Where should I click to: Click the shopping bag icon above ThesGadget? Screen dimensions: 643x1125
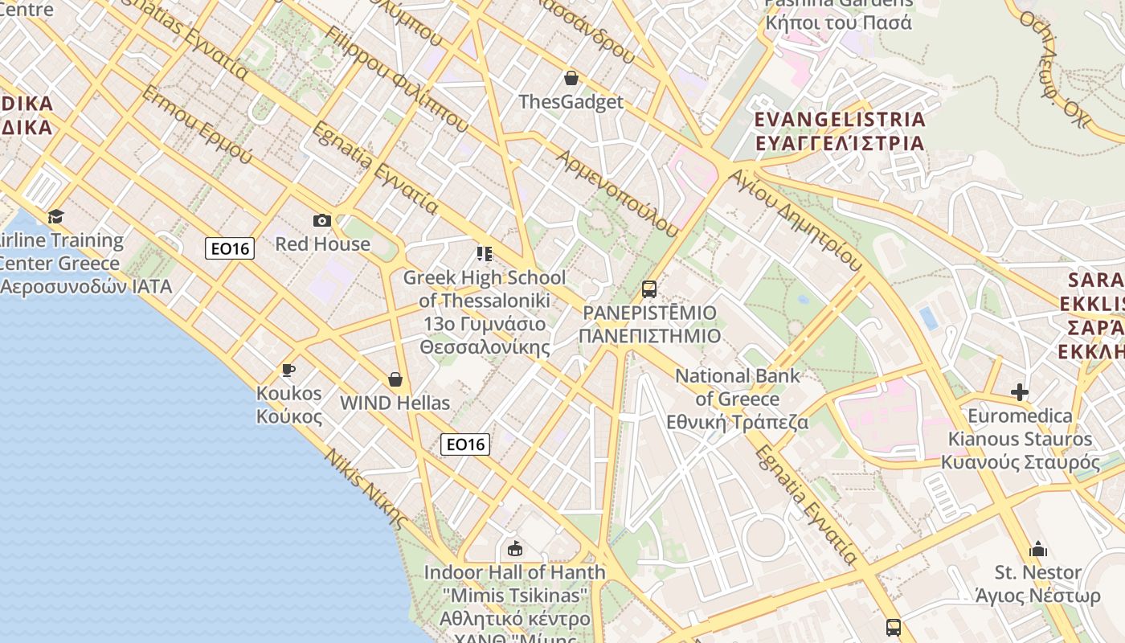(x=571, y=78)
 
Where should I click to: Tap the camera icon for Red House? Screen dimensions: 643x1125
(x=321, y=220)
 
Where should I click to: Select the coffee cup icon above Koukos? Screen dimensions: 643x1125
(x=288, y=370)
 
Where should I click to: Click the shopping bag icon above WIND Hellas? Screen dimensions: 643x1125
(x=395, y=379)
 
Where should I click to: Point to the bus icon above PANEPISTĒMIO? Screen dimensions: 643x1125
(x=649, y=289)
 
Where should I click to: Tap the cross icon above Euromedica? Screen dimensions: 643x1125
(x=1020, y=392)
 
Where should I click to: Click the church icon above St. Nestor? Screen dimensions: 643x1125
(x=1037, y=549)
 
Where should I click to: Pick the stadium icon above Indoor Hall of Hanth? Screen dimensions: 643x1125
(x=514, y=549)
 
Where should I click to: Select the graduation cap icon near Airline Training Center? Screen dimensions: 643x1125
(x=55, y=216)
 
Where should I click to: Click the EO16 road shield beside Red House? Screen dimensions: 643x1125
(x=230, y=248)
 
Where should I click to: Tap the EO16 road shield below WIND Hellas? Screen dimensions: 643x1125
(x=465, y=444)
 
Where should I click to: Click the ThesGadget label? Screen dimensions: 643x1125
(x=571, y=102)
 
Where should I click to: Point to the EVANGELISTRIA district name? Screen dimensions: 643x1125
(x=840, y=120)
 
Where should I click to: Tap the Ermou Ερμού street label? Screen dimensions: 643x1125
(x=197, y=125)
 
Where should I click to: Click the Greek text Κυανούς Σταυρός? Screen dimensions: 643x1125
(x=1021, y=463)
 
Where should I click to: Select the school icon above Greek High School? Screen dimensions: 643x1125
(x=484, y=254)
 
